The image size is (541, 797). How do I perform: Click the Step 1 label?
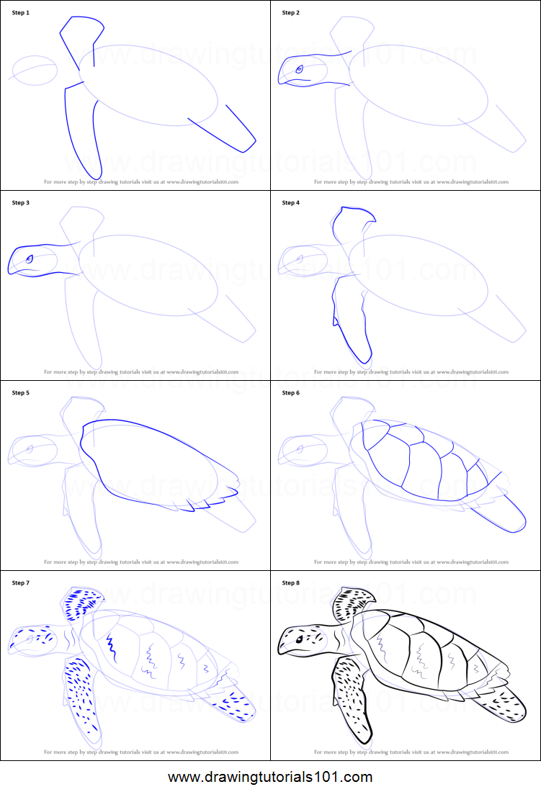[21, 13]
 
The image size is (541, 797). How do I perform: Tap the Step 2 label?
[290, 13]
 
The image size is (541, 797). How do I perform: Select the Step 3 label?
[21, 203]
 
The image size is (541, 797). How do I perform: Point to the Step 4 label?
[290, 203]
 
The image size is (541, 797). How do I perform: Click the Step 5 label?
[21, 393]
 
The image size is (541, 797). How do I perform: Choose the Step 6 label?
[290, 393]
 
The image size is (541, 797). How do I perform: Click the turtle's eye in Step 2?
[299, 69]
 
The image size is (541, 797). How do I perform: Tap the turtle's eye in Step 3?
[30, 259]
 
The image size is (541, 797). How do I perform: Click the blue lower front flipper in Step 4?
[352, 317]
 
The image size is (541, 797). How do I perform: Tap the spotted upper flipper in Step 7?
[83, 604]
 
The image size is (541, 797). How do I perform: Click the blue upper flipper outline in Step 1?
[81, 40]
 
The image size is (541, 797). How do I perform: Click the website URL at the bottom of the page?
[270, 778]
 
